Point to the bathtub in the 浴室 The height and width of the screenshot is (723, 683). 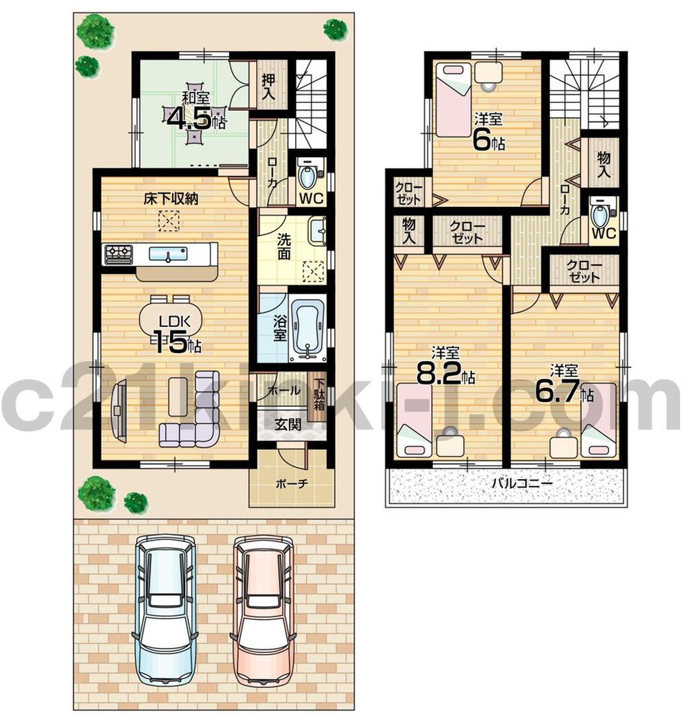pyautogui.click(x=306, y=327)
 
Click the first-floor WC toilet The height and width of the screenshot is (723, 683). pyautogui.click(x=308, y=177)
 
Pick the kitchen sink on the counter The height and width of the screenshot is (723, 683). pyautogui.click(x=169, y=255)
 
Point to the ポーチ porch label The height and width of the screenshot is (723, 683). pyautogui.click(x=291, y=483)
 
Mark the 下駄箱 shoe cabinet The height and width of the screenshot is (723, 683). pyautogui.click(x=319, y=392)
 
